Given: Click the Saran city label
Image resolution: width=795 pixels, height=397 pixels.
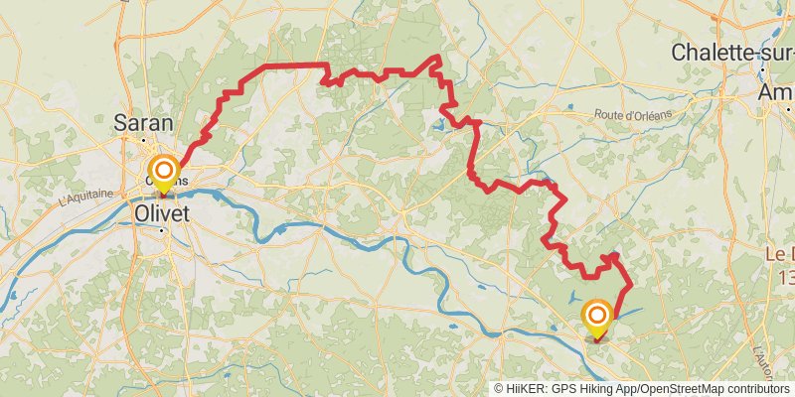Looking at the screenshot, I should (x=143, y=123).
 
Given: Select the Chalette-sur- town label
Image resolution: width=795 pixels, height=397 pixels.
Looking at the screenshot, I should (x=732, y=53).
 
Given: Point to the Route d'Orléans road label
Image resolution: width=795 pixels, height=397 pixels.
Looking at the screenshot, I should (x=635, y=115).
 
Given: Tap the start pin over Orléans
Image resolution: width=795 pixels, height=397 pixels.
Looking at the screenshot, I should (x=162, y=171).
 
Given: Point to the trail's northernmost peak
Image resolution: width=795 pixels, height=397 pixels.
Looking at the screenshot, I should (x=435, y=57).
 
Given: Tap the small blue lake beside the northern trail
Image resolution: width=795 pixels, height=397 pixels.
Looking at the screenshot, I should (x=438, y=126).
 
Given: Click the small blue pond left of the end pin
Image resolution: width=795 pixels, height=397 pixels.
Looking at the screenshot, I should (x=573, y=297).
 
